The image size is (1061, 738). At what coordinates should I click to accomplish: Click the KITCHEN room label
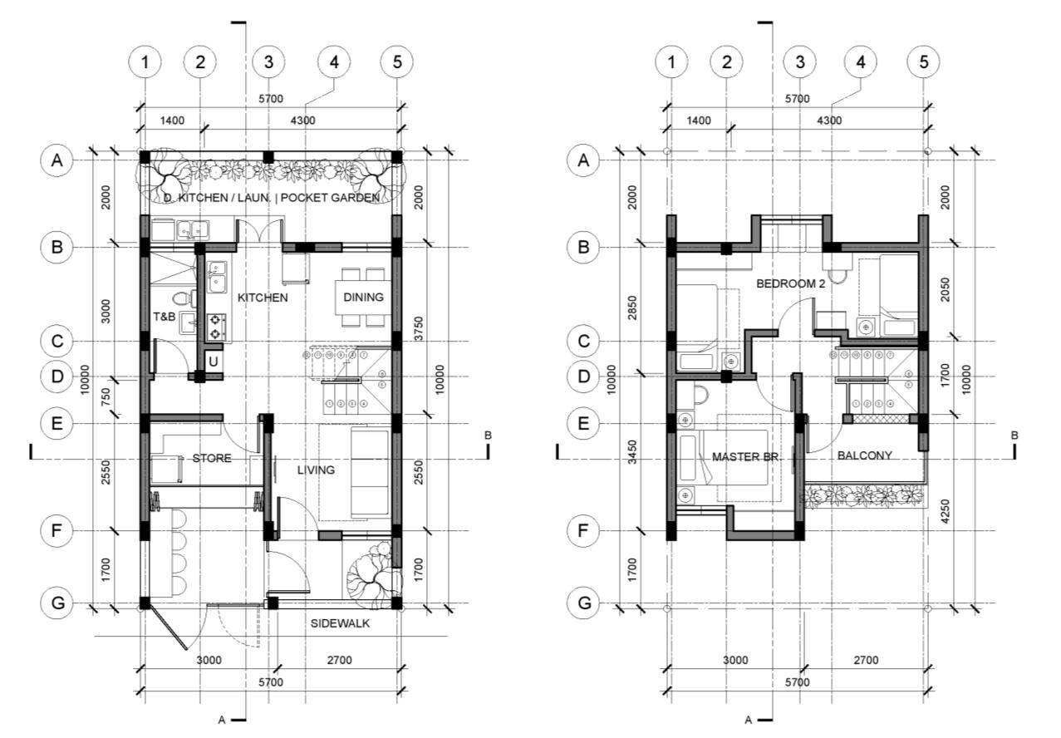point(263,298)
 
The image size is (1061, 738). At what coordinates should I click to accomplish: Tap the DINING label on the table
point(363,298)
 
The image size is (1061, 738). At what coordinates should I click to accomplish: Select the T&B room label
point(164,317)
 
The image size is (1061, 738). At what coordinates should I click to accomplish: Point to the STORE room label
point(212,458)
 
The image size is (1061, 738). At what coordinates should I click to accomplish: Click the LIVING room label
point(316,470)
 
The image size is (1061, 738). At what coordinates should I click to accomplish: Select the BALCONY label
point(865,455)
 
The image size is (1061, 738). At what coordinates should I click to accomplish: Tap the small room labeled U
point(213,362)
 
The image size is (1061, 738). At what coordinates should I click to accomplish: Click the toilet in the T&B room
point(180,298)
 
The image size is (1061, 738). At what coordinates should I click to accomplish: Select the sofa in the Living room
point(370,470)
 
